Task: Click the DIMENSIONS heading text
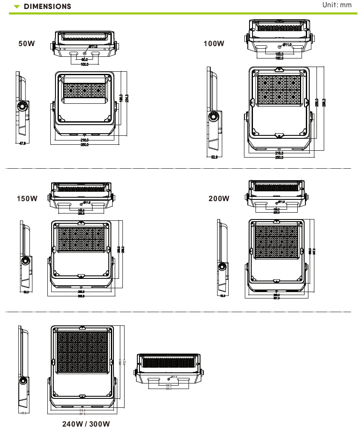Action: point(47,7)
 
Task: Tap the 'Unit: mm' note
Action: point(337,5)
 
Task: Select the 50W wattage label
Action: point(26,44)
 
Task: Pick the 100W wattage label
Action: point(214,44)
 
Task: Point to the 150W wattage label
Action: point(27,199)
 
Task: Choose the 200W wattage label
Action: point(219,199)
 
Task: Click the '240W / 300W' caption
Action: point(86,424)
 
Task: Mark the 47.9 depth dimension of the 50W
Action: point(23,143)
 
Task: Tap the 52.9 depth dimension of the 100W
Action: point(215,157)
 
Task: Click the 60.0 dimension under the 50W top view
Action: point(84,59)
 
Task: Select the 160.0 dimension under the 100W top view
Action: point(279,58)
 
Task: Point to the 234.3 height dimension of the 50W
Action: point(127,98)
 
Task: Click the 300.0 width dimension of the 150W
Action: point(81,296)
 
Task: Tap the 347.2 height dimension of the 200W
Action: point(314,252)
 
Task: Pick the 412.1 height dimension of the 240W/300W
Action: point(124,362)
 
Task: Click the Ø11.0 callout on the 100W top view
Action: point(287,44)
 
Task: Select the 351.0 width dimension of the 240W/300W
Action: point(83,414)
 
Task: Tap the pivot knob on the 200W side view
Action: point(222,267)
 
